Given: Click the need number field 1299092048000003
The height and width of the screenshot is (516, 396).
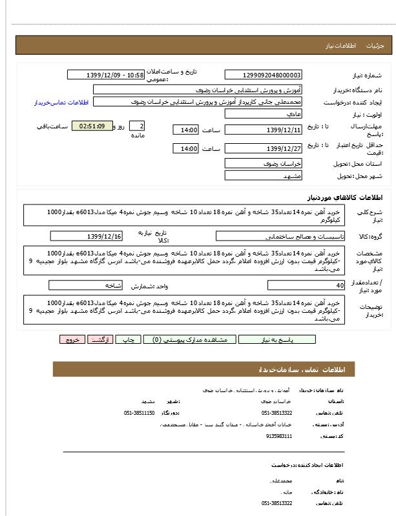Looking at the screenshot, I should coord(263,75).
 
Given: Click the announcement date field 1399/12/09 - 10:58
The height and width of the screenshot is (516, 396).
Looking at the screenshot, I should coord(106,75).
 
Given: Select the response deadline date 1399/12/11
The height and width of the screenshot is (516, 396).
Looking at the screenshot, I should coord(263,130).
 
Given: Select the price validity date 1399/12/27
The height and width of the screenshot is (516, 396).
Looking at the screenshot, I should coord(263,149).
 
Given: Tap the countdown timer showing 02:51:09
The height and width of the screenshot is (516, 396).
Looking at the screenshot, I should coord(92,126).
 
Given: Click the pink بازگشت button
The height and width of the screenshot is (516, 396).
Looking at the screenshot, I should coord(100,339).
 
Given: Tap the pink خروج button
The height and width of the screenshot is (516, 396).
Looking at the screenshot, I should coord(72,339).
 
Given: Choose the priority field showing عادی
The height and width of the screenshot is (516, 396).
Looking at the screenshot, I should coord(263,114).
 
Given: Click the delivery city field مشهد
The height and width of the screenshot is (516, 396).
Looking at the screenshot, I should coord(263,175).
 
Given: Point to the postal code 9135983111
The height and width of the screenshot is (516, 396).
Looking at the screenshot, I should coord(279,437).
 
